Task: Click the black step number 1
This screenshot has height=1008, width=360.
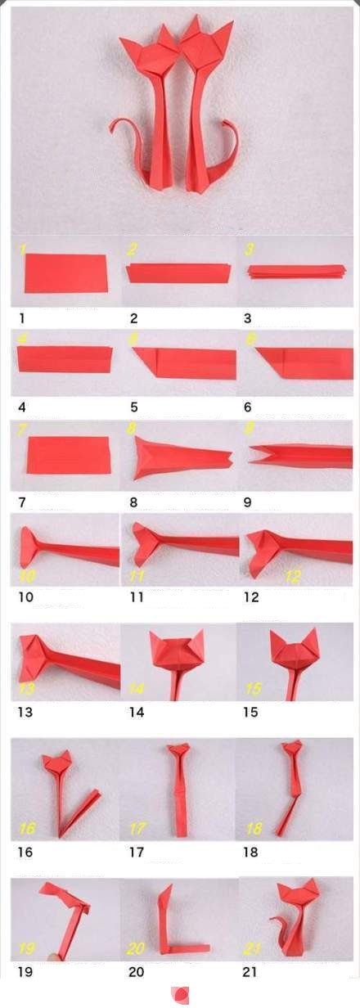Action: pyautogui.click(x=22, y=318)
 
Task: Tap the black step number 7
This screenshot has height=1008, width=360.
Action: pyautogui.click(x=22, y=502)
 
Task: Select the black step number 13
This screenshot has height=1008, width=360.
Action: pyautogui.click(x=25, y=712)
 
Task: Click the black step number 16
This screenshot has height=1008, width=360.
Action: pyautogui.click(x=25, y=852)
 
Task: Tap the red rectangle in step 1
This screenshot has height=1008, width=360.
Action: pyautogui.click(x=66, y=273)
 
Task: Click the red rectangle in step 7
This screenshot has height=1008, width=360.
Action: pyautogui.click(x=69, y=455)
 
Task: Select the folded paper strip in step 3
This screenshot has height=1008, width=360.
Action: pyautogui.click(x=296, y=272)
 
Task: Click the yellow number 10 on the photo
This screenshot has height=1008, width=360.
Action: pyautogui.click(x=28, y=575)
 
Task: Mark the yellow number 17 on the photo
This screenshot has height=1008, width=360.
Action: pyautogui.click(x=137, y=828)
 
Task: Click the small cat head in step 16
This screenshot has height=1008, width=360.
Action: pyautogui.click(x=57, y=760)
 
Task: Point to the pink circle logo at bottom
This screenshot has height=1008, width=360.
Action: pyautogui.click(x=180, y=996)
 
